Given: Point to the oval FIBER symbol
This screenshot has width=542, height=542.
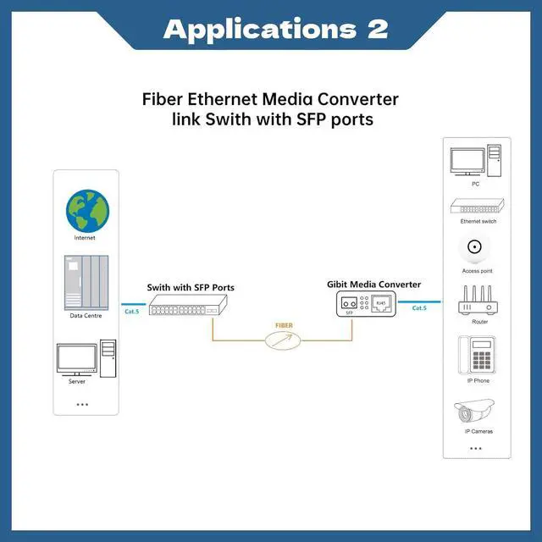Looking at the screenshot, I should pyautogui.click(x=284, y=340).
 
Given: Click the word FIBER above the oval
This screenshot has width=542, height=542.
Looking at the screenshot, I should pyautogui.click(x=284, y=325).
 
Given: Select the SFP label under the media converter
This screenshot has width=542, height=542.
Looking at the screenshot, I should pyautogui.click(x=349, y=313).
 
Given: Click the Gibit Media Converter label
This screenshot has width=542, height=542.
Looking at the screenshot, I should pyautogui.click(x=373, y=285).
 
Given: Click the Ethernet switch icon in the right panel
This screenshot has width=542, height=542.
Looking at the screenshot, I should pyautogui.click(x=478, y=207).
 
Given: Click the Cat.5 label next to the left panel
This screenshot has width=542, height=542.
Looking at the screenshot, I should pyautogui.click(x=131, y=312).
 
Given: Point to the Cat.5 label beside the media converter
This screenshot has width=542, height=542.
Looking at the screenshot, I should pyautogui.click(x=418, y=308).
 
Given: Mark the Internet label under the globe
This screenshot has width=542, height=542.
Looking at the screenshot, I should pyautogui.click(x=85, y=238).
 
